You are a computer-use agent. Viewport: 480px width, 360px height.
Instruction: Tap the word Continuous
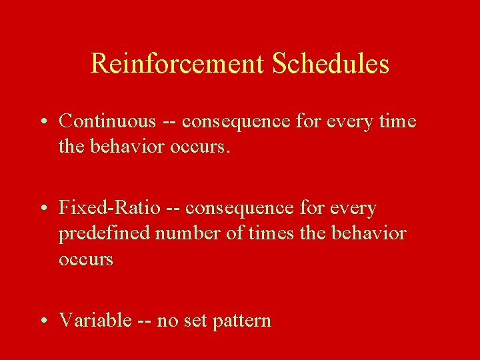click(107, 121)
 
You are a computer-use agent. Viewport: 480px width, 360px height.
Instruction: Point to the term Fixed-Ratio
click(109, 208)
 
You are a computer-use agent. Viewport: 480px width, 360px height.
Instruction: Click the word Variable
click(95, 320)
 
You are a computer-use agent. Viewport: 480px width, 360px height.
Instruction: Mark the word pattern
click(242, 321)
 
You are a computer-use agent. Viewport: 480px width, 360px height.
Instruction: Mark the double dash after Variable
click(145, 321)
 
